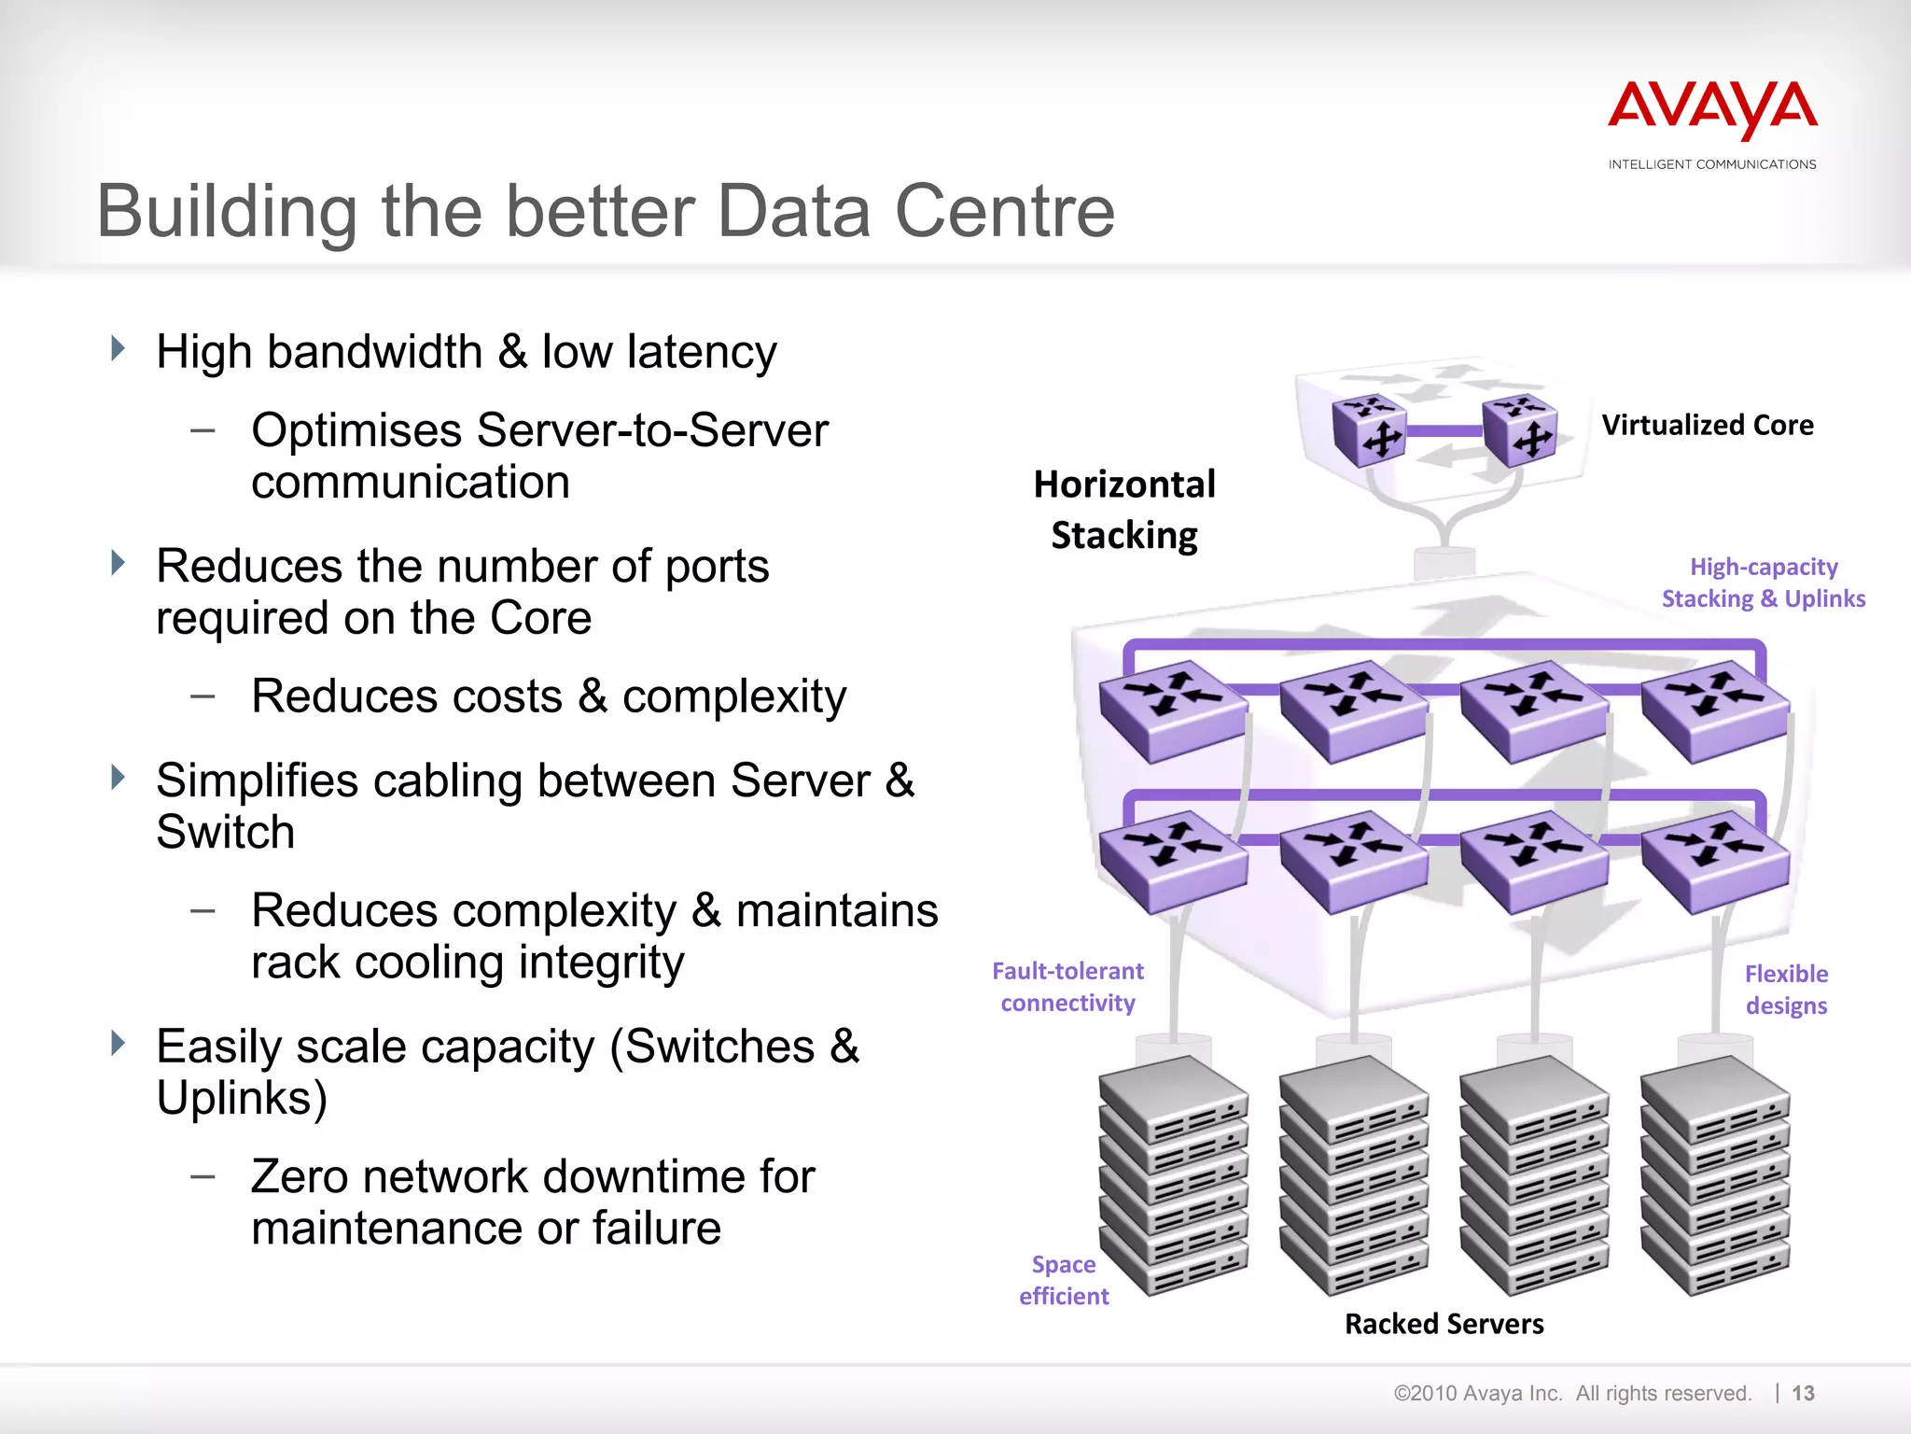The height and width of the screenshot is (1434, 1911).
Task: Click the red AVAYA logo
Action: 1712,110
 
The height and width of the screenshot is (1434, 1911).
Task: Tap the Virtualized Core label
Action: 1707,426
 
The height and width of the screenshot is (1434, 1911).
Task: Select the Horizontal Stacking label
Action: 1124,510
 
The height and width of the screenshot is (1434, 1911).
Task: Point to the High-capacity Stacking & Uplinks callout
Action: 1763,583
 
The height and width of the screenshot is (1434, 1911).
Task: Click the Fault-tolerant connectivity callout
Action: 1067,987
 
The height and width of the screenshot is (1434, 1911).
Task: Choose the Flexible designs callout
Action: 1786,990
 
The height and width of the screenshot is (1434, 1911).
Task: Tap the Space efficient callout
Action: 1064,1280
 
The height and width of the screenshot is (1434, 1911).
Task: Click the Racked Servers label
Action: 1444,1324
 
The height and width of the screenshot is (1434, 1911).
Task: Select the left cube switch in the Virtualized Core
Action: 1368,430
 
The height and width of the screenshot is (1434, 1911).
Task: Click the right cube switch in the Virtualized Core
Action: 1519,430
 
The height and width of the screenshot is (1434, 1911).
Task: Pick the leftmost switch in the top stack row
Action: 1172,710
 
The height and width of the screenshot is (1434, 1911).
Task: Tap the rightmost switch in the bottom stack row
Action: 1714,861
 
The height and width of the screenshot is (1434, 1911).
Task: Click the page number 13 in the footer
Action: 1803,1394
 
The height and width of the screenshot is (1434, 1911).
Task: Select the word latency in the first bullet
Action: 702,353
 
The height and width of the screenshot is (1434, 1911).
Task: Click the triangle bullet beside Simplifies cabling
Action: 118,777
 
